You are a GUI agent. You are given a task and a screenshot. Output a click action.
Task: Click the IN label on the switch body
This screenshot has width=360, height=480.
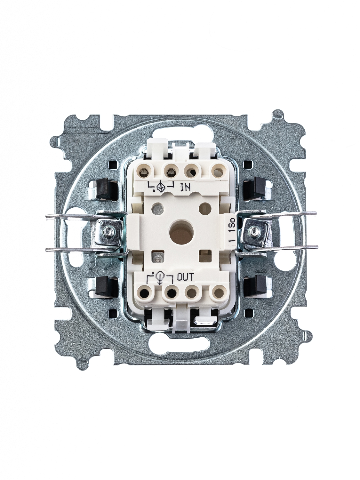click(x=185, y=187)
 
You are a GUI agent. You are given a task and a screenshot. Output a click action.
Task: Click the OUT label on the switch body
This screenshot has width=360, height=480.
click(x=185, y=277)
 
